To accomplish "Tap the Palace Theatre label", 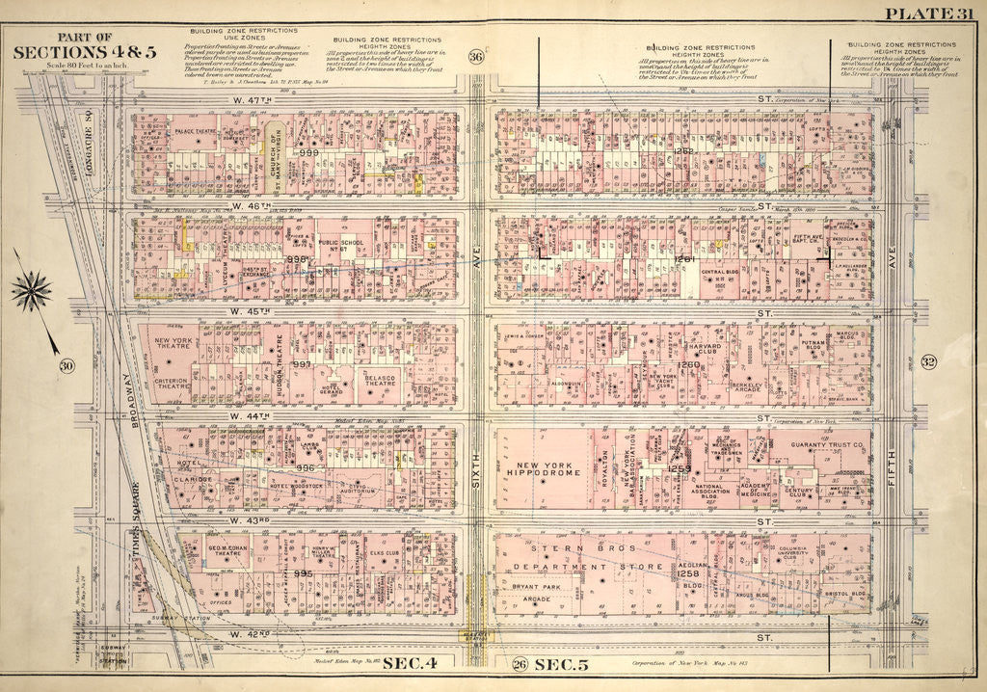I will (196, 128).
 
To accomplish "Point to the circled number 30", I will (67, 365).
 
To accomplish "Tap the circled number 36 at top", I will (475, 58).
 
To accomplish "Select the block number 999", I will (308, 152).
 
